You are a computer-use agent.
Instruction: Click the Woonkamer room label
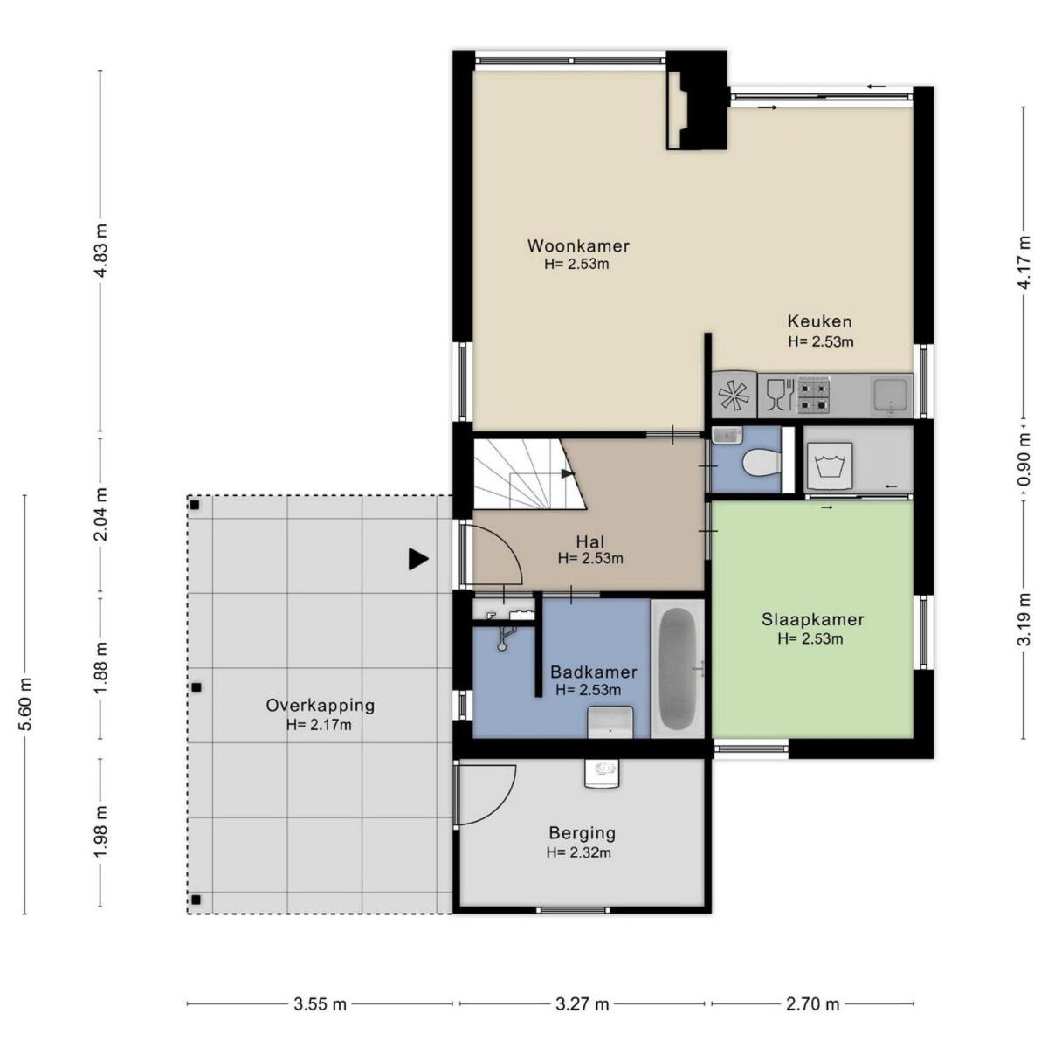[x=578, y=245]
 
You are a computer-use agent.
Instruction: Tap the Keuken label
[x=819, y=321]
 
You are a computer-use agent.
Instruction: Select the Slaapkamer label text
[x=812, y=619]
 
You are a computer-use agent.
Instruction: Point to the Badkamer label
[x=593, y=672]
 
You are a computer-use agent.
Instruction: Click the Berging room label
[x=582, y=833]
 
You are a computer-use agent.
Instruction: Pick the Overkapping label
[x=321, y=706]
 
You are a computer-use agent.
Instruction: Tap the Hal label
[x=590, y=541]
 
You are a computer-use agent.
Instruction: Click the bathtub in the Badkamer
[x=677, y=668]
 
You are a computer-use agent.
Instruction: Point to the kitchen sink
[x=891, y=395]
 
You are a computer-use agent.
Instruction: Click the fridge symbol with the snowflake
[x=734, y=394]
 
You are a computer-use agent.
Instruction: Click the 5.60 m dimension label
[x=26, y=705]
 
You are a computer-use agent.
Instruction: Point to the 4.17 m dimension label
[x=1024, y=263]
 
